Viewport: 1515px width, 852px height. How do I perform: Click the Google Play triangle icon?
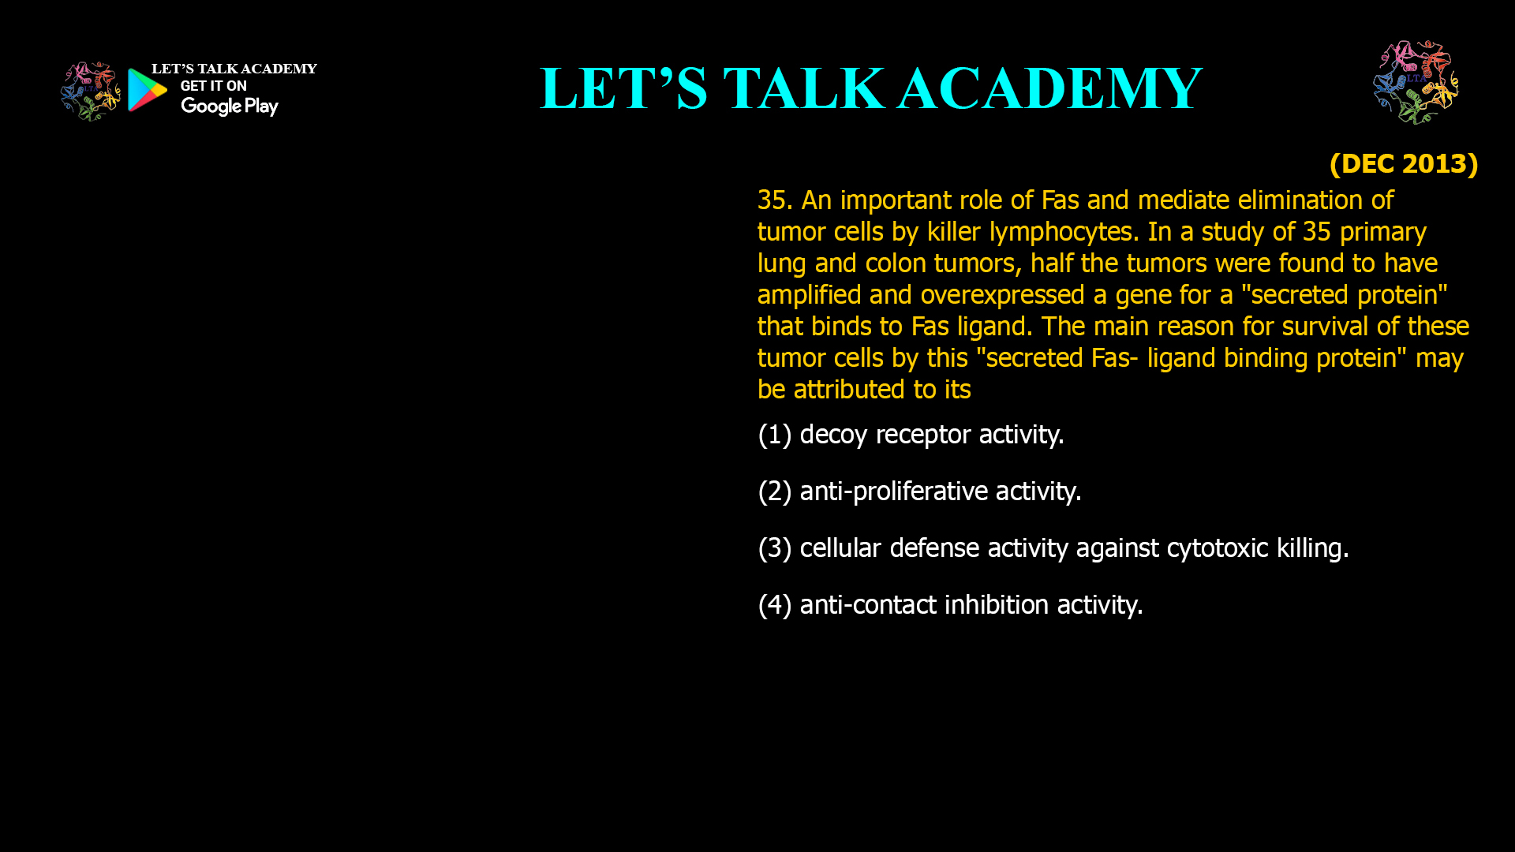148,90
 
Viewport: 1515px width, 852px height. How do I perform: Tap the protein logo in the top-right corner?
1416,82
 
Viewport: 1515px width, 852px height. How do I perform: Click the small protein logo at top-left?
91,92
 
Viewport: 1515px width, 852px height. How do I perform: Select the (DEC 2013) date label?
1404,163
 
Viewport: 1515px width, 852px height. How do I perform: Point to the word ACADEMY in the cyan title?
1050,88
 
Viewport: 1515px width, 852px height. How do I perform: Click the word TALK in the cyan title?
804,88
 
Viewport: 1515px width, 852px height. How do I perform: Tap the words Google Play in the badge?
230,106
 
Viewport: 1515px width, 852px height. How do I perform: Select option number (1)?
774,435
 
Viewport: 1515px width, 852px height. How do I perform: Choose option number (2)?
774,491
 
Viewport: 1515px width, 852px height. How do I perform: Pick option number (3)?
774,548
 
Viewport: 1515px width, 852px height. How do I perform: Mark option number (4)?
774,605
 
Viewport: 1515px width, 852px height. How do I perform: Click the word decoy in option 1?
833,435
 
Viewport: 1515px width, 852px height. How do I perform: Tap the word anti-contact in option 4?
868,605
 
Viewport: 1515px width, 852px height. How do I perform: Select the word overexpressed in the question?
1002,296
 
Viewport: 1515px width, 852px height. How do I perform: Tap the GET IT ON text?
213,86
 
